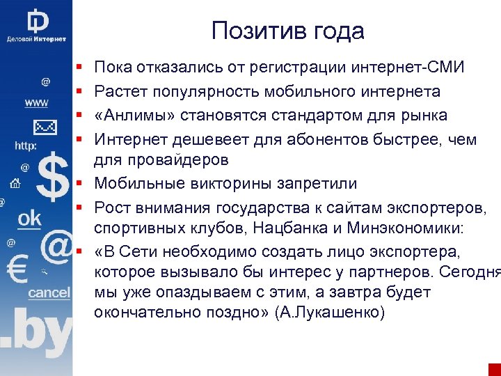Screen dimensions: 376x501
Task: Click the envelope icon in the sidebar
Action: (45, 127)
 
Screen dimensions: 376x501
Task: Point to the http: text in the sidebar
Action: (26, 146)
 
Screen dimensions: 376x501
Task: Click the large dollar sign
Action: (53, 178)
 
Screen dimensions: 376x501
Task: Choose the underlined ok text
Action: (30, 219)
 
